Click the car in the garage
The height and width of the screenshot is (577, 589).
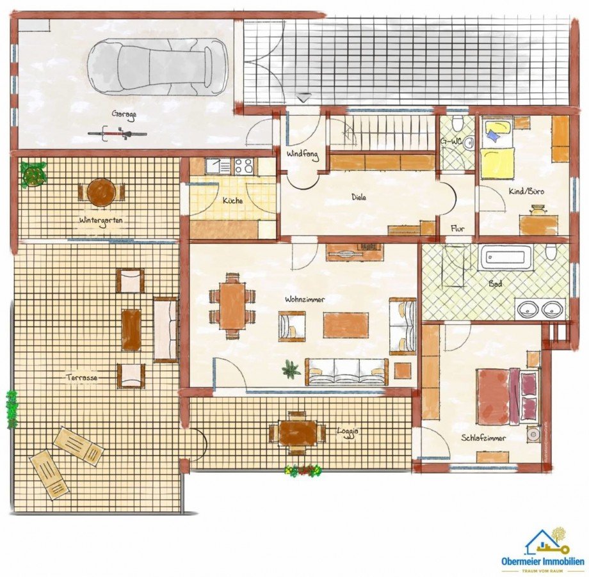tap(157, 67)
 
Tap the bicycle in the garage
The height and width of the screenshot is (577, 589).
tap(117, 133)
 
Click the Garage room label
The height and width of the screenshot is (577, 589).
tap(124, 115)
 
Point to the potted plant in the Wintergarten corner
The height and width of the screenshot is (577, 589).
tap(33, 174)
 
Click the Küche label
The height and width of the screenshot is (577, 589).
tap(233, 200)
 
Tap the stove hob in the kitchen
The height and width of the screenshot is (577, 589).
tap(244, 166)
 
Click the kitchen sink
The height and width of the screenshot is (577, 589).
tap(218, 166)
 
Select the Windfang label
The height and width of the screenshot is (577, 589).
tap(303, 154)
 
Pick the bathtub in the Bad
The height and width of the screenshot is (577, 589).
tap(505, 257)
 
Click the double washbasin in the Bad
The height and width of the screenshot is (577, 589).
tap(540, 308)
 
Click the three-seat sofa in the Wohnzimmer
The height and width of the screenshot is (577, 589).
tap(346, 372)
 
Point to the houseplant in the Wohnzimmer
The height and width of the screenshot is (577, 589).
tap(291, 368)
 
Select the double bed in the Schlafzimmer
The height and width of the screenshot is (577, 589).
tap(508, 397)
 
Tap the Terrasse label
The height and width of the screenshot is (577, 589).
tap(82, 377)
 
